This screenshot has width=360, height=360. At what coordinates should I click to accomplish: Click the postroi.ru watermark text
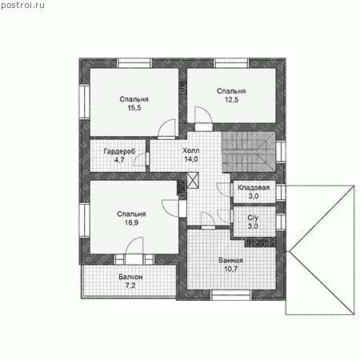[22, 6]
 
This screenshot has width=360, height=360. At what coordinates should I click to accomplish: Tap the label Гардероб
[119, 151]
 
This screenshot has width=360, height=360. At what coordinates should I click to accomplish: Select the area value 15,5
[134, 108]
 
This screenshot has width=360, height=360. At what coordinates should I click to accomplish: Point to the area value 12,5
[231, 100]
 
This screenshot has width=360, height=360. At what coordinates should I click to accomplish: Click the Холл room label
[191, 150]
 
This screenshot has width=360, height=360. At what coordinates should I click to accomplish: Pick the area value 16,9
[131, 222]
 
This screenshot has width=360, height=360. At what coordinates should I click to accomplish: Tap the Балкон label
[130, 277]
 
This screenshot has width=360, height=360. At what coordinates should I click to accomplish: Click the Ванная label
[231, 261]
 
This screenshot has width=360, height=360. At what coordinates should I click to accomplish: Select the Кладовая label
[254, 188]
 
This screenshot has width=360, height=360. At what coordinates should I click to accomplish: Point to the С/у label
[253, 218]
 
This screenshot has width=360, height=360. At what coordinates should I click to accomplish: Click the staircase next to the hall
[249, 151]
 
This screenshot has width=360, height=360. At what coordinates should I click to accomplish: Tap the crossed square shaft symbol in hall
[193, 181]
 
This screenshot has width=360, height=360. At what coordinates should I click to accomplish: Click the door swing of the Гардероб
[141, 159]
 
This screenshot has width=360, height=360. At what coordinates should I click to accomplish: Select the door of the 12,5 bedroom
[204, 118]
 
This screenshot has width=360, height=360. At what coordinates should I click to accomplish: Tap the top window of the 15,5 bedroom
[134, 63]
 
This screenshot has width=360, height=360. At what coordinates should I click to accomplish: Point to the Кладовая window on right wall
[281, 193]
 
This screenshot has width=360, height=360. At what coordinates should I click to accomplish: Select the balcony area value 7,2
[130, 286]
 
